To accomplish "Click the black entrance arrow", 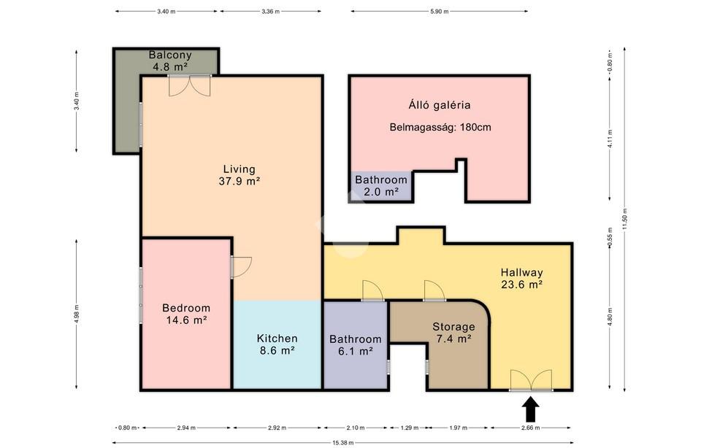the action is click(531, 409).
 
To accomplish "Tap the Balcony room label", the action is click(170, 61).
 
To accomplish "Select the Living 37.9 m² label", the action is click(240, 175).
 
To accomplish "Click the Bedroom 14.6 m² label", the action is click(186, 314).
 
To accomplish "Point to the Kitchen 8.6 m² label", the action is click(277, 344).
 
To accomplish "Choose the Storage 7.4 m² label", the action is click(453, 332).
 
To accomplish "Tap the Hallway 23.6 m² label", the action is click(521, 278).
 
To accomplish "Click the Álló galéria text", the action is click(440, 105).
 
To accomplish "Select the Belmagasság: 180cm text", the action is click(440, 127).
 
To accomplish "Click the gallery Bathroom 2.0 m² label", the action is click(381, 186).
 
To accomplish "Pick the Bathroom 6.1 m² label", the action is click(356, 345).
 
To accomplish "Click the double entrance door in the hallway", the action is click(531, 380).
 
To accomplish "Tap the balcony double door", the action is click(190, 85).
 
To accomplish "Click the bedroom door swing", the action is click(242, 267).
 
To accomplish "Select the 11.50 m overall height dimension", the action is click(624, 219).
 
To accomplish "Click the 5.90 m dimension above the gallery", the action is click(440, 11).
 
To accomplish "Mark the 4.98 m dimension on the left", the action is click(77, 314).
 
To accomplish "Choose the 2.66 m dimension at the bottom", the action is click(531, 428).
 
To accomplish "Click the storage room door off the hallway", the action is click(434, 290).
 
